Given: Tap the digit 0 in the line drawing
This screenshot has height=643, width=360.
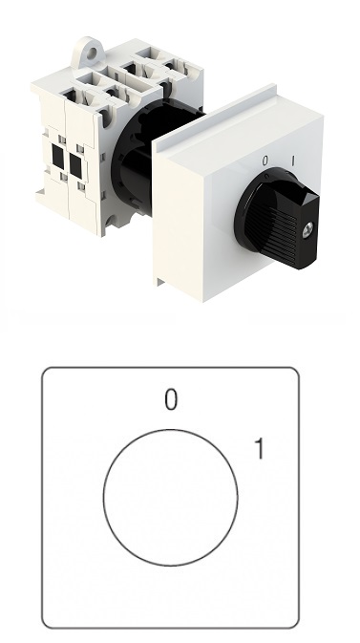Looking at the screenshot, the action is tap(171, 399).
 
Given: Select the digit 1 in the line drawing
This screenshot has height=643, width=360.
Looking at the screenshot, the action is tap(259, 448).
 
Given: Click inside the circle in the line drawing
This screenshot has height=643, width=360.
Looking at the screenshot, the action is tap(170, 498).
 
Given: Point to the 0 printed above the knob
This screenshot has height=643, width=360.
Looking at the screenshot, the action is tap(265, 161).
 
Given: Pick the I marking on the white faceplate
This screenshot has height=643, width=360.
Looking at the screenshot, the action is tap(293, 161).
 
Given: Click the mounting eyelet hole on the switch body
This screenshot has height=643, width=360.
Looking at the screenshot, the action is tap(92, 52).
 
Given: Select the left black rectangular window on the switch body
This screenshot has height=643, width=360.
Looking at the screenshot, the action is tap(58, 156).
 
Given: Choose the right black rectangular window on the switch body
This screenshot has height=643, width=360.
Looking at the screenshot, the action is tap(75, 165).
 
